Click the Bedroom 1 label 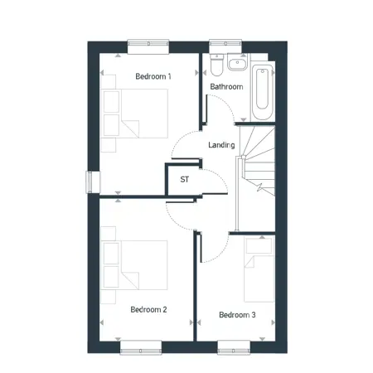153,76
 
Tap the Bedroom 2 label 148,309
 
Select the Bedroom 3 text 237,315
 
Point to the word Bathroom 226,87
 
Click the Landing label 221,145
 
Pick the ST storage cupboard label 185,179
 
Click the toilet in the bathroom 216,65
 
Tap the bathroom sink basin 238,62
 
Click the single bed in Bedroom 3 259,270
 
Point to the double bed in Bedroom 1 134,114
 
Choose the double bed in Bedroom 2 134,265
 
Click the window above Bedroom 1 148,46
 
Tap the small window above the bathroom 225,46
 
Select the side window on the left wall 93,182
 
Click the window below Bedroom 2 141,347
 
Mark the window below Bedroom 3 234,347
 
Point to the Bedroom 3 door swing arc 221,254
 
